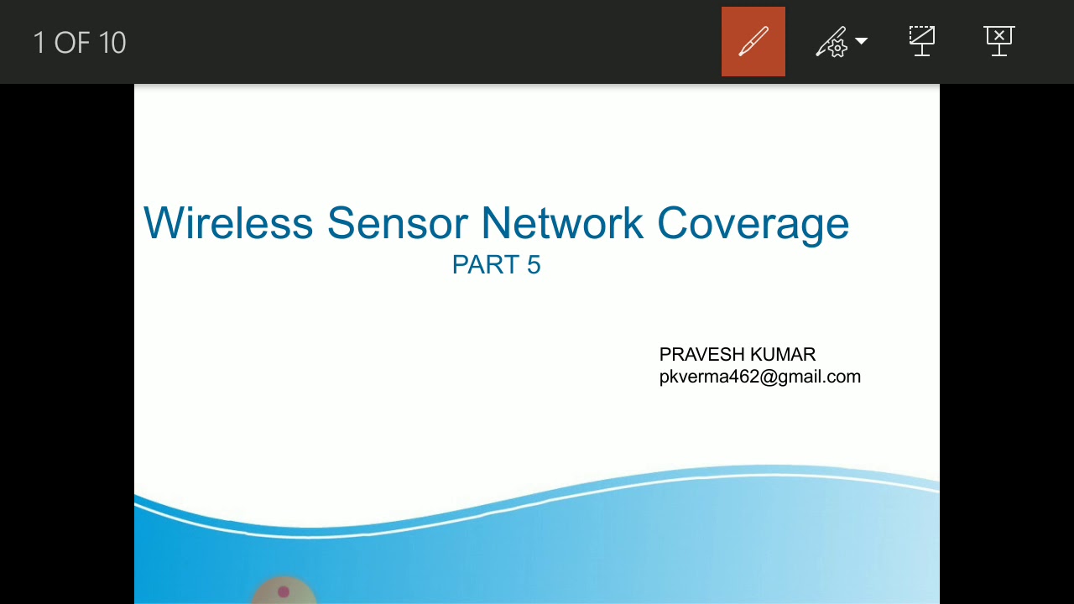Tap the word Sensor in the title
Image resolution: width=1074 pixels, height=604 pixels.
[x=397, y=224]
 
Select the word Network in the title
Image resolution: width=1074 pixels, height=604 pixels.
[x=562, y=224]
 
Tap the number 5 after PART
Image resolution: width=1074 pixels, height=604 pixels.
[x=534, y=265]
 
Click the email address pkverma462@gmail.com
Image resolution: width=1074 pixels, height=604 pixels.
[x=759, y=377]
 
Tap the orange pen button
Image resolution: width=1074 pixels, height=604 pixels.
[x=753, y=42]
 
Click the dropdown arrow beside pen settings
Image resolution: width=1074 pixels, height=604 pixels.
[x=862, y=41]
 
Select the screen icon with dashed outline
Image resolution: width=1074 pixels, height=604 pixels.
[x=921, y=40]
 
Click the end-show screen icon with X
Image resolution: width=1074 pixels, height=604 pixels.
[x=998, y=40]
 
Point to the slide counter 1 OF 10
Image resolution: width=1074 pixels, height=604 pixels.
[x=80, y=43]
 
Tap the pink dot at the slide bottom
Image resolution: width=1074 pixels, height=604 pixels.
[x=284, y=592]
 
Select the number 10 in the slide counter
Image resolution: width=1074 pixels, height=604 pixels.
[x=112, y=43]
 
